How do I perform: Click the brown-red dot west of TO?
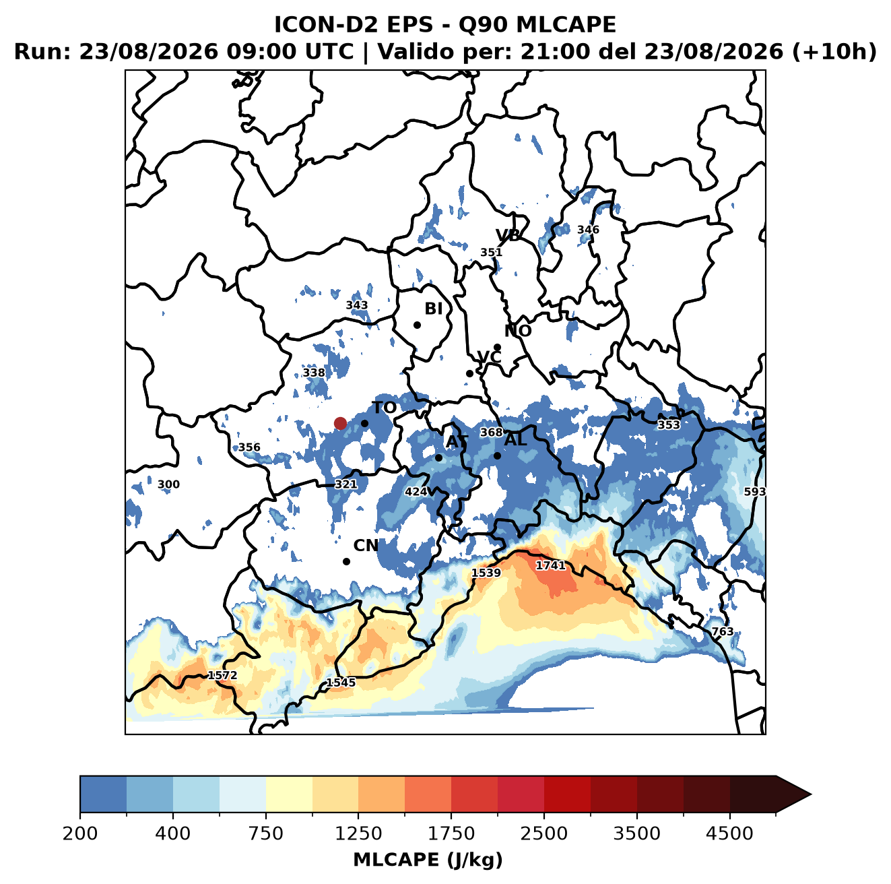[340, 423]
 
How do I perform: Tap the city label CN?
[366, 546]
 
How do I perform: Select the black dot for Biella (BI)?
[417, 325]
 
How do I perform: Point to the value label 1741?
[550, 565]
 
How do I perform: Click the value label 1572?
[222, 675]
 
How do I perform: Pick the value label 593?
[754, 492]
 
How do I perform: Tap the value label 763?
[722, 631]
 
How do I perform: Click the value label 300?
[168, 484]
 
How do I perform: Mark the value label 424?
[416, 492]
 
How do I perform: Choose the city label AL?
[515, 439]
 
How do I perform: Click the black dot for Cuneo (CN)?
[346, 561]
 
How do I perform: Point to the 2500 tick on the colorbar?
[543, 813]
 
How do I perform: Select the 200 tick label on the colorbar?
[80, 833]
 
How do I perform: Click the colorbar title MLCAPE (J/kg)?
[428, 860]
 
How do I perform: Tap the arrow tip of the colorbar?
[811, 794]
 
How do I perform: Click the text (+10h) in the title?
[834, 51]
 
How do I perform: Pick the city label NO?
[517, 331]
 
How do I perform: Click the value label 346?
[588, 230]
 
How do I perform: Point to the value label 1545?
[341, 683]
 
